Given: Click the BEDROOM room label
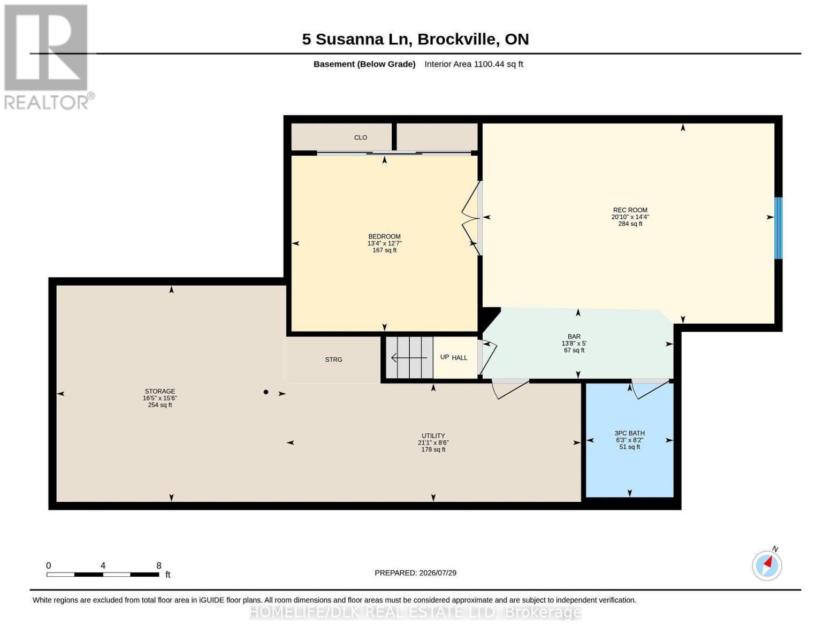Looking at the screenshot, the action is [384, 236].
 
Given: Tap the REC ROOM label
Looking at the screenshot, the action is [630, 210].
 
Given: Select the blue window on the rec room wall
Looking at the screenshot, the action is [778, 228].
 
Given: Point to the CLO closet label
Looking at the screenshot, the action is [360, 137].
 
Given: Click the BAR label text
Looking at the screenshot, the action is [574, 337].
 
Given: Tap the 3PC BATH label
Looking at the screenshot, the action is [629, 433].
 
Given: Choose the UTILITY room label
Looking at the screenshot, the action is [433, 436].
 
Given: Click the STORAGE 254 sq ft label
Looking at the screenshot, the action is [160, 398].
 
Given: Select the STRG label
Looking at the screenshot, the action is [333, 360].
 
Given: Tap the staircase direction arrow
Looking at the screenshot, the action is [409, 357].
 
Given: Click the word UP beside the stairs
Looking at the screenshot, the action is [444, 357].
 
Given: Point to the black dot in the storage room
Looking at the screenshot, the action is [266, 392].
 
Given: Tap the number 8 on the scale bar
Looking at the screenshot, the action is [159, 565].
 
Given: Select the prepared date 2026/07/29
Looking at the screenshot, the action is [438, 573].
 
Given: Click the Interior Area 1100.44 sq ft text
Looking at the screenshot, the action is [474, 64].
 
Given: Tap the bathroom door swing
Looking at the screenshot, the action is [650, 389].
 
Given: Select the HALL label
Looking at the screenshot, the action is [460, 358].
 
